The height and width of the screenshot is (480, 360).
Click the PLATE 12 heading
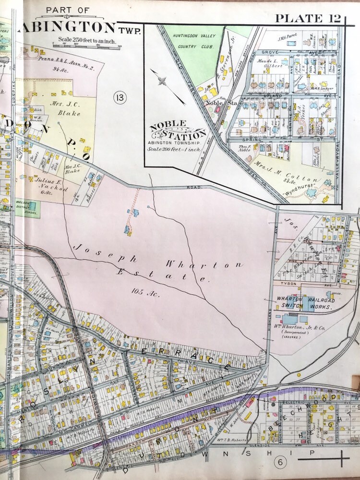coord(307,18)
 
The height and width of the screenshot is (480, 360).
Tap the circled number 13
coord(120,98)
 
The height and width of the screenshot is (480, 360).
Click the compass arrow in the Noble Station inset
coord(168,86)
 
